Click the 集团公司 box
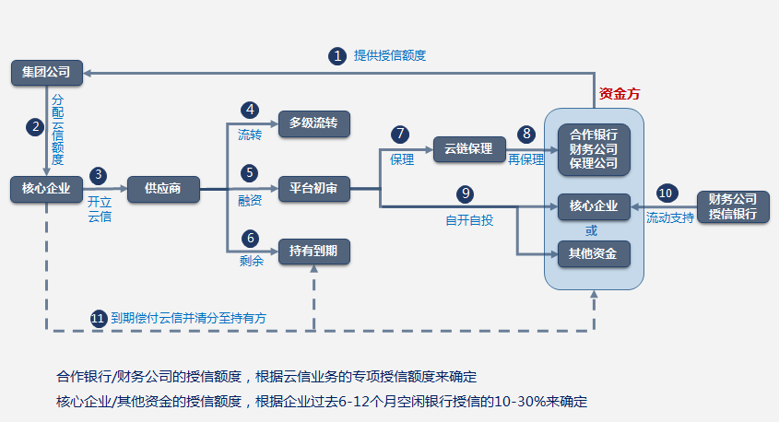(x=46, y=72)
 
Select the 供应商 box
(x=162, y=189)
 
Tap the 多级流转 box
(x=314, y=123)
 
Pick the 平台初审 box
(x=314, y=189)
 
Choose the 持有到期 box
(x=314, y=252)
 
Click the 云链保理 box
(x=469, y=148)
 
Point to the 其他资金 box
(x=594, y=252)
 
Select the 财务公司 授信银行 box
(x=733, y=206)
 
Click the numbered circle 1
(x=337, y=55)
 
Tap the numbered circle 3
(x=100, y=175)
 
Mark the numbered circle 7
(x=399, y=135)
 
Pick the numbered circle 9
(x=466, y=193)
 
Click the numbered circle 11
(x=99, y=318)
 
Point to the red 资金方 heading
(x=620, y=93)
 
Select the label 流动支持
(x=669, y=218)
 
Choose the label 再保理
(x=526, y=159)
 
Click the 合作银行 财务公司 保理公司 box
(x=594, y=148)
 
